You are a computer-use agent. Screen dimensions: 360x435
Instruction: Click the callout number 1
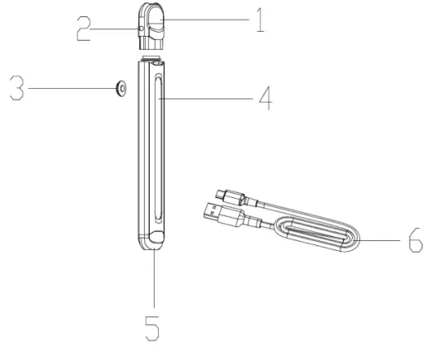258,19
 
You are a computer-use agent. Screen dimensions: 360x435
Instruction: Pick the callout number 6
414,243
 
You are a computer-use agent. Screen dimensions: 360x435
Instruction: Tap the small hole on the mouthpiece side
142,28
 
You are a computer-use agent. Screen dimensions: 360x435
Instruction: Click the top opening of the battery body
156,61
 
